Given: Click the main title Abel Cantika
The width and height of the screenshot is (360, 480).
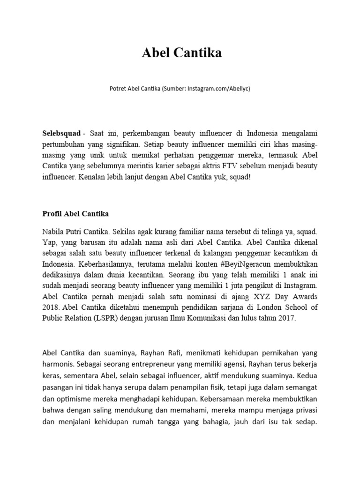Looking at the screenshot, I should point(181,53).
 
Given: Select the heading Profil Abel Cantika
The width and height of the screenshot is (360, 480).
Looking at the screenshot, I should point(75,214).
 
